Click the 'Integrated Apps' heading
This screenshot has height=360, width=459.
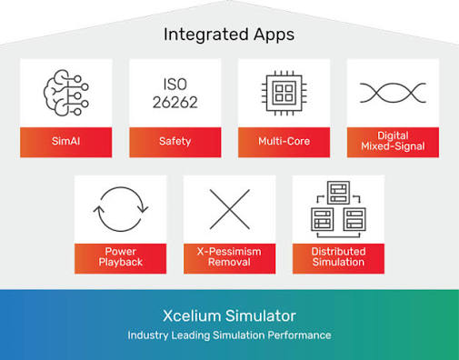[x=229, y=35]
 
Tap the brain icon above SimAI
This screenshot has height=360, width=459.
[x=66, y=93]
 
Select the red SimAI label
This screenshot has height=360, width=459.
[x=66, y=142]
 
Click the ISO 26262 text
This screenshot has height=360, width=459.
[x=175, y=94]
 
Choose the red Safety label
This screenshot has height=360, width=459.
[x=175, y=142]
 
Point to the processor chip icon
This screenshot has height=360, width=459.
[x=284, y=93]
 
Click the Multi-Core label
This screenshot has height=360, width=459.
[x=284, y=142]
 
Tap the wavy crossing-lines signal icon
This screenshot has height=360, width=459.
[x=393, y=93]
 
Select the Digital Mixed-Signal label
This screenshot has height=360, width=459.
[x=393, y=142]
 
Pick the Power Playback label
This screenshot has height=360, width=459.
[x=121, y=258]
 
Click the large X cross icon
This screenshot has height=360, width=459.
[x=230, y=209]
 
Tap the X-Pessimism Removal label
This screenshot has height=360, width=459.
[x=230, y=258]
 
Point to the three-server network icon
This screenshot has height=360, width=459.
[x=338, y=209]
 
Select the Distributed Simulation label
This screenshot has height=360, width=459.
[x=338, y=258]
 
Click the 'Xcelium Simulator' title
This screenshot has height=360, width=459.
[x=229, y=315]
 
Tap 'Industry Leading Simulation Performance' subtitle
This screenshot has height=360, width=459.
[x=229, y=335]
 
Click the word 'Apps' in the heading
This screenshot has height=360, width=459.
[x=274, y=35]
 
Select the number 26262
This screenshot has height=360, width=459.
[x=175, y=103]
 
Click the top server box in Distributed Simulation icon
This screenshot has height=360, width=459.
[x=338, y=193]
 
